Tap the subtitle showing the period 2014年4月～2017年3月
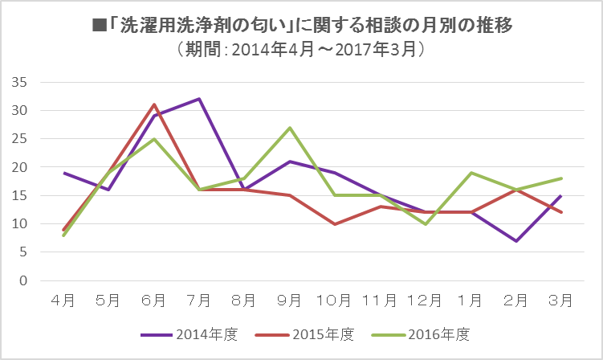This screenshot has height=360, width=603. [x=301, y=50]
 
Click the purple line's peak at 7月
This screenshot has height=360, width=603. [x=198, y=99]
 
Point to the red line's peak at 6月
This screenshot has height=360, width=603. [x=153, y=104]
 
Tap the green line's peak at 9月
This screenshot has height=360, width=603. [x=289, y=128]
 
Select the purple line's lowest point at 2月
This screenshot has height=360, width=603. [x=515, y=241]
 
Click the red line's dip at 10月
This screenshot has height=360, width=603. [x=334, y=224]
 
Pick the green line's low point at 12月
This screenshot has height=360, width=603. [x=425, y=224]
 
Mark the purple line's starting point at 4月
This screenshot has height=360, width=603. [x=63, y=173]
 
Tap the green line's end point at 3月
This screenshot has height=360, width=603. [x=560, y=178]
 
